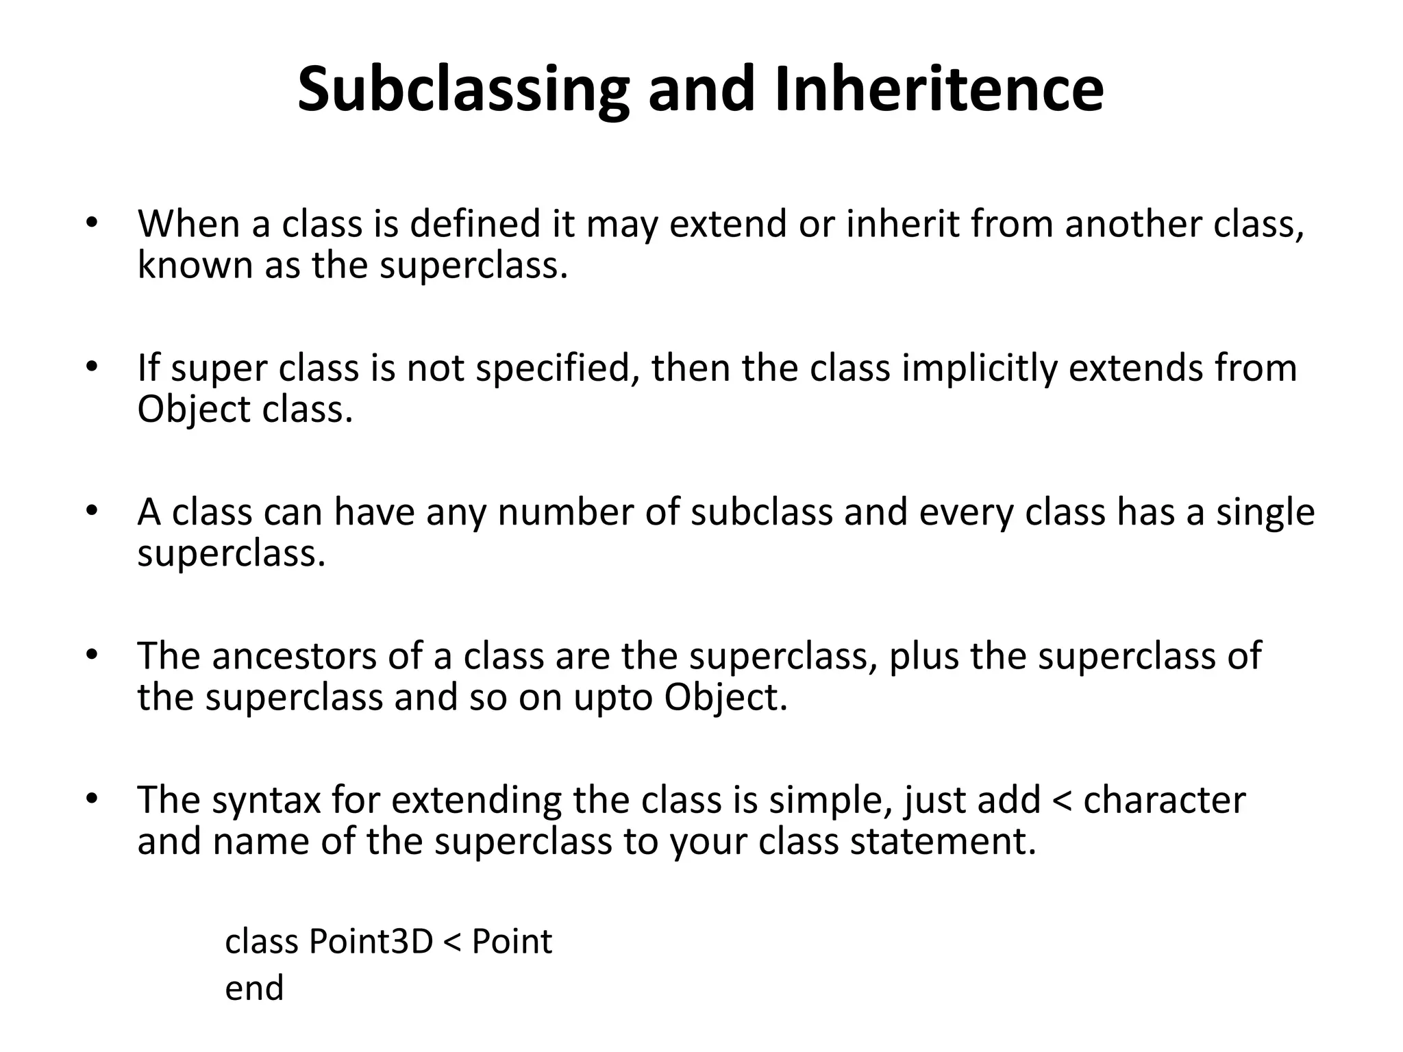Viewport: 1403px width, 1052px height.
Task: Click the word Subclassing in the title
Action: click(463, 90)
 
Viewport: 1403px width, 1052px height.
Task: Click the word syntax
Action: click(266, 800)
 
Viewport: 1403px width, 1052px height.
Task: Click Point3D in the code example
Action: click(371, 942)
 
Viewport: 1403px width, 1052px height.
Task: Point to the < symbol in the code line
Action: click(453, 942)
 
